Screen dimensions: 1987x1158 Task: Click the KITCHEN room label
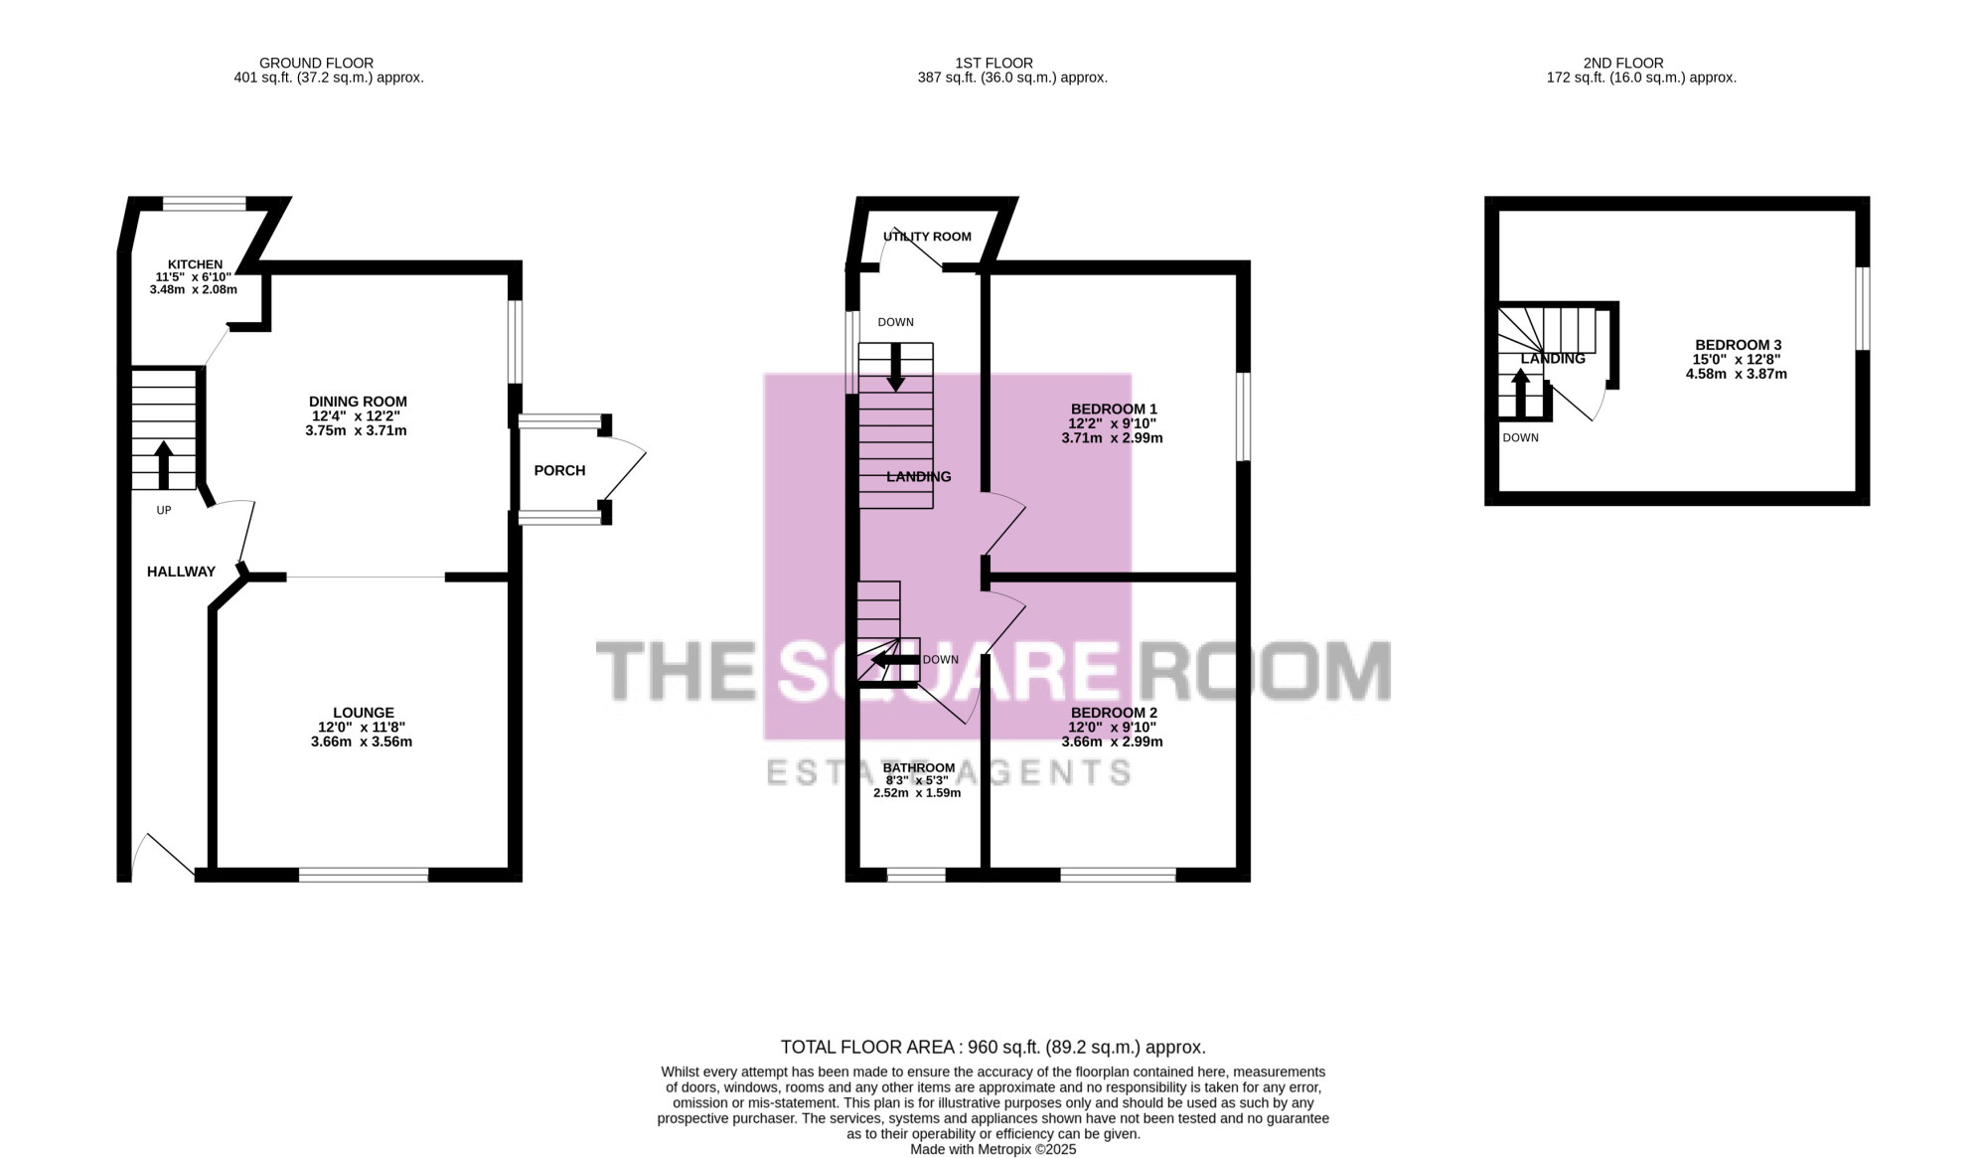(195, 264)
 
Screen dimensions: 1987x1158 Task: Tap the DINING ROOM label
(358, 402)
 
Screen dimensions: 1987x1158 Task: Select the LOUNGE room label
(364, 713)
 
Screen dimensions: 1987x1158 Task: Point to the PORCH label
(559, 470)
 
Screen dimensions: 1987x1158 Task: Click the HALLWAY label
(181, 572)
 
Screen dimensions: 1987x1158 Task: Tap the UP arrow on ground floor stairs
(164, 464)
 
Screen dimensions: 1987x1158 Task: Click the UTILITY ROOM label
(927, 237)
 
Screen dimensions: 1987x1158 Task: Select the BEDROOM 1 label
(1114, 409)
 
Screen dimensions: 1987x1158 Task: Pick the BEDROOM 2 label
(1114, 713)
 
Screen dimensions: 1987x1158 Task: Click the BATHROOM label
(919, 767)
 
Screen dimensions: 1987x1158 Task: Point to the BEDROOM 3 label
(1738, 345)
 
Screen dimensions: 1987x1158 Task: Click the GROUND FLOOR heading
(317, 63)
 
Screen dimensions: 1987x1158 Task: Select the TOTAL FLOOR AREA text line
(993, 1047)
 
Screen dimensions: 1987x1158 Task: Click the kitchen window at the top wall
(205, 204)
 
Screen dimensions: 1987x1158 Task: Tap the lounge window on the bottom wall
(364, 875)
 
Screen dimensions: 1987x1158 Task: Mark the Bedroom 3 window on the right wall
(1863, 308)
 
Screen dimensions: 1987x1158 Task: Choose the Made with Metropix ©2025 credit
(993, 1149)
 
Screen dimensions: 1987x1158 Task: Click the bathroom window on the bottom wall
(916, 875)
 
